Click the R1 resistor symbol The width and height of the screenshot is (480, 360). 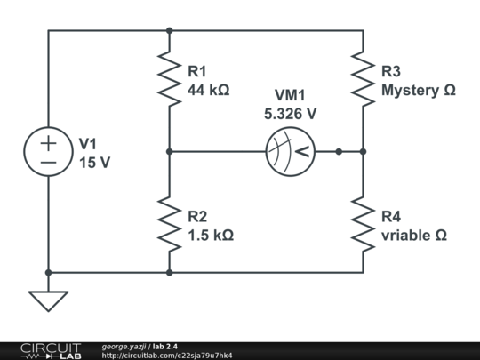pos(169,76)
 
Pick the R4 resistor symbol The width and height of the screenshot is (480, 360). pos(363,225)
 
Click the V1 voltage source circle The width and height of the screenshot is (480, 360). pos(48,152)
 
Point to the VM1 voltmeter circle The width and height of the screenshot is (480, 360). pos(290,152)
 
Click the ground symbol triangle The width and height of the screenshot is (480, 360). pos(48,301)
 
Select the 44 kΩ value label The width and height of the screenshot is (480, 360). pos(211,90)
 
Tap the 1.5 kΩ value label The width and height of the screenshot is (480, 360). pos(211,236)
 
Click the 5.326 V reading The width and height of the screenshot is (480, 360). pos(290,115)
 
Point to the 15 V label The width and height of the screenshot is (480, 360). pos(96,163)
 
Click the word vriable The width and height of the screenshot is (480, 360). pos(405,236)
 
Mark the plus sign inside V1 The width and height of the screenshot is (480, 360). pos(48,142)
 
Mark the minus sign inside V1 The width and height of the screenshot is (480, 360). pos(48,163)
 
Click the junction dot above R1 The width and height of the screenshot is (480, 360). pos(169,30)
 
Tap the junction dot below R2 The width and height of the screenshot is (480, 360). pos(169,273)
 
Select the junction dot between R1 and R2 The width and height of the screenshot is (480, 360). pos(169,152)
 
